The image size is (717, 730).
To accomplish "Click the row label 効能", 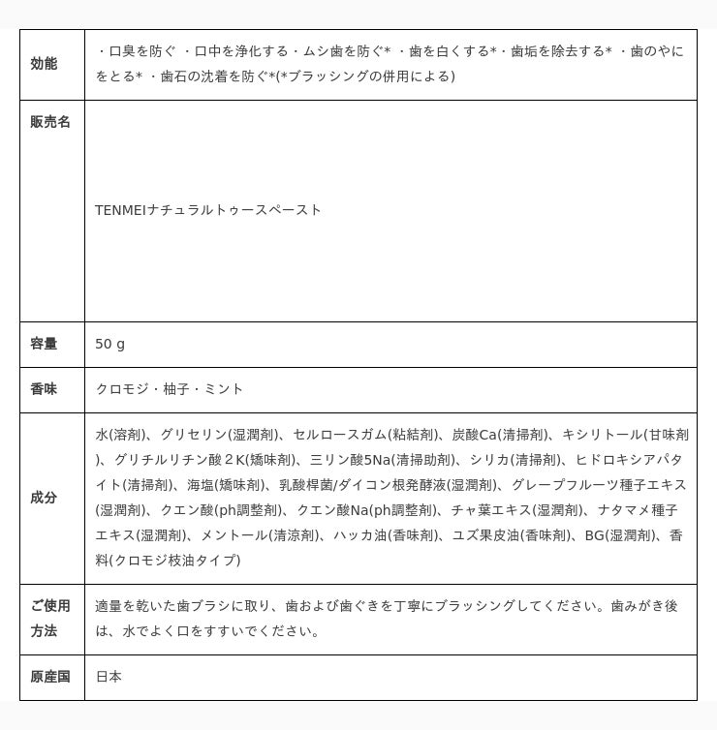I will pos(44,64).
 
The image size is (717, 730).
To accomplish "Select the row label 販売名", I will pos(50,122).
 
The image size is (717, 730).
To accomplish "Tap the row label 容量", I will pos(44,344).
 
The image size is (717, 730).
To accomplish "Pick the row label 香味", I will pos(44,389).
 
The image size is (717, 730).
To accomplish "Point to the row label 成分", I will pos(44,498).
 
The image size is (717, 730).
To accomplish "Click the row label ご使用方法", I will pos(50,618).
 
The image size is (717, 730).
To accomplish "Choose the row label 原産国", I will pos(50,677).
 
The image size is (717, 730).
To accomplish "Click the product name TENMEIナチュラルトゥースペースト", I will pos(208,210).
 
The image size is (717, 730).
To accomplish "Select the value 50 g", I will pos(109,344).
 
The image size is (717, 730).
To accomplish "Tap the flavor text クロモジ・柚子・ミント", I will pos(170,389).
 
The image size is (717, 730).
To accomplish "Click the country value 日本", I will pos(109,677).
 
